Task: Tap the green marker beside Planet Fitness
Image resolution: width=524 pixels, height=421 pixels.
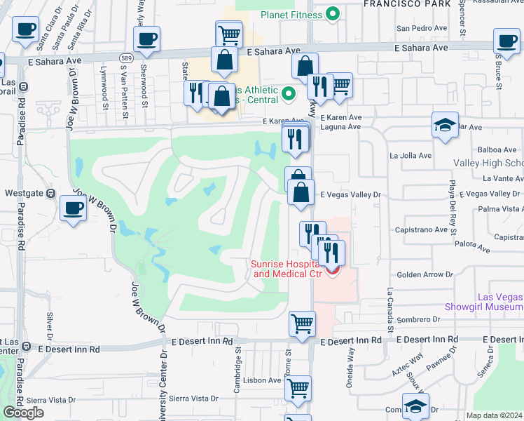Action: [x=334, y=14]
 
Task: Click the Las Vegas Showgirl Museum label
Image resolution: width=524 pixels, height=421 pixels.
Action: [x=483, y=302]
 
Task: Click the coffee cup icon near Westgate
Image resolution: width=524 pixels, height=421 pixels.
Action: [x=74, y=208]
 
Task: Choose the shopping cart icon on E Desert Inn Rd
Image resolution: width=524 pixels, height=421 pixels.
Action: [x=303, y=324]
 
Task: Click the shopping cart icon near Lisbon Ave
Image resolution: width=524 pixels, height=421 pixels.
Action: [x=299, y=388]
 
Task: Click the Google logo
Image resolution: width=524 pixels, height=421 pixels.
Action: [x=23, y=413]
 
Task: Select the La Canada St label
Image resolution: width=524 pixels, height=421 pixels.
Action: [x=390, y=309]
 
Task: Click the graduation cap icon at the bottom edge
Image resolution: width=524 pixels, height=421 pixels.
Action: [x=416, y=406]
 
